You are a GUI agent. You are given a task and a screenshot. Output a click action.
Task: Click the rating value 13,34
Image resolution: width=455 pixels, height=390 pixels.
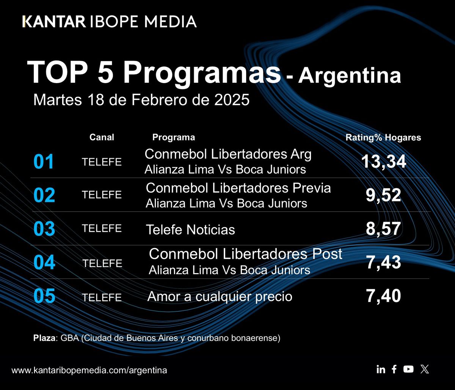click(x=383, y=162)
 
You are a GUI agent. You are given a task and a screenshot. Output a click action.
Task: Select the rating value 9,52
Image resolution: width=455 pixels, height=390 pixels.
click(x=383, y=195)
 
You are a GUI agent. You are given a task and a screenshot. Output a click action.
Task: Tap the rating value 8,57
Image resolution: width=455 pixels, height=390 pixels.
click(x=383, y=229)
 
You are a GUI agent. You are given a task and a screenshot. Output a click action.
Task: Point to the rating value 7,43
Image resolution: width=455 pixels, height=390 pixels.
click(x=383, y=263)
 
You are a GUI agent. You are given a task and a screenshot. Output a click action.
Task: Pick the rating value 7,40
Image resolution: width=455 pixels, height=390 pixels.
click(x=383, y=296)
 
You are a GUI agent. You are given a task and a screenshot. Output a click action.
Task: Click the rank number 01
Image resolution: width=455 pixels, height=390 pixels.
click(x=44, y=162)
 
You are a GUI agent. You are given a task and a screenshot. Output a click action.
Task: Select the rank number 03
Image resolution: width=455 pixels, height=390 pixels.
click(x=44, y=229)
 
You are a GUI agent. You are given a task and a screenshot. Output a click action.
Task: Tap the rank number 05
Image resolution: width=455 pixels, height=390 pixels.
click(x=44, y=296)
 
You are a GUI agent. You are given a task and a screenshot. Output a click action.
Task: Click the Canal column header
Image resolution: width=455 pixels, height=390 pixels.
click(x=102, y=137)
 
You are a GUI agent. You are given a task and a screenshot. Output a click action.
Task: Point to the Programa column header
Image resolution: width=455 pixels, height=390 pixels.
click(x=174, y=137)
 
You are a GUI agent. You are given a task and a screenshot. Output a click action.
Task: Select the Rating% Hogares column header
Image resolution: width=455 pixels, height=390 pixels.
click(x=383, y=138)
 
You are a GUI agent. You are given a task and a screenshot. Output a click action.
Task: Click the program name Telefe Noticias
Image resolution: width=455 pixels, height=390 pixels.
click(x=190, y=230)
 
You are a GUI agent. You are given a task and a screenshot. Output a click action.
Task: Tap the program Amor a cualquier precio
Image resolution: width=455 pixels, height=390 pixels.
click(x=220, y=296)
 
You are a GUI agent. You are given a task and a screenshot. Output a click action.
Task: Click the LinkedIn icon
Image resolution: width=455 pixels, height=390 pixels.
click(x=381, y=369)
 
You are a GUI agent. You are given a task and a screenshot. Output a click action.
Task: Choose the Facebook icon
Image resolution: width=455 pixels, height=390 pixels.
click(x=394, y=369)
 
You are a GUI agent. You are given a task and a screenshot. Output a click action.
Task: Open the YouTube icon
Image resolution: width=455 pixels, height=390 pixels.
click(x=408, y=369)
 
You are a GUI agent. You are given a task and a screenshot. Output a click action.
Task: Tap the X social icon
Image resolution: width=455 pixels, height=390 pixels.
click(x=425, y=369)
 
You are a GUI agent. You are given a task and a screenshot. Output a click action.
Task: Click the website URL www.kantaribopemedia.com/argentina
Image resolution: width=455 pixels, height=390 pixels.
click(x=89, y=370)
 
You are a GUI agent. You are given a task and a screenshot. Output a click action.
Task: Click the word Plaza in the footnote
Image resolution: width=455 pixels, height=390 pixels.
click(x=44, y=338)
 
